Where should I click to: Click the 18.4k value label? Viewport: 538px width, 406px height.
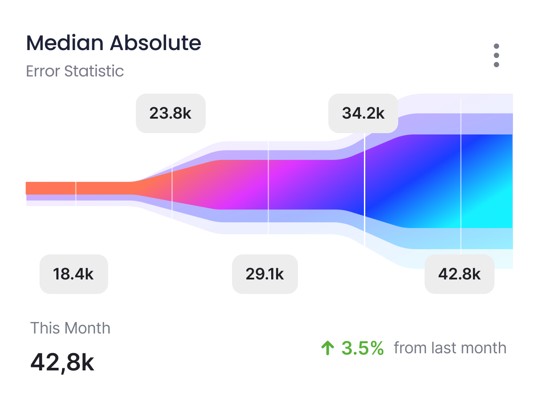[73, 274]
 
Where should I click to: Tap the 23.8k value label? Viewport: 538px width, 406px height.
[171, 113]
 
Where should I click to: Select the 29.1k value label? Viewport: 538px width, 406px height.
[265, 274]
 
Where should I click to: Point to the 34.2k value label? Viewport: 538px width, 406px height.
[363, 113]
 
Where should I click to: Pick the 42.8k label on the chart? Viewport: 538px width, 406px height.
[459, 274]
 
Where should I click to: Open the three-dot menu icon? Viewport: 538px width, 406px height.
[496, 55]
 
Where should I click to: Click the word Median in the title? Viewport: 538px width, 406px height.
[65, 43]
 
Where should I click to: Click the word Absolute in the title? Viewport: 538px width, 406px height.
[155, 43]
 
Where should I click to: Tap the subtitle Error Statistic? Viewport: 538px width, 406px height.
[75, 71]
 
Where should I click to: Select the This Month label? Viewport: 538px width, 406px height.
[70, 328]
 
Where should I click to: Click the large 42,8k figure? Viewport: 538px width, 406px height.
[62, 362]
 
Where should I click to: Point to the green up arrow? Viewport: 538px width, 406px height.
[327, 348]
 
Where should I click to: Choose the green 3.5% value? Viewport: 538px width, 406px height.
[363, 348]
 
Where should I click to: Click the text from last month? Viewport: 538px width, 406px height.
[450, 348]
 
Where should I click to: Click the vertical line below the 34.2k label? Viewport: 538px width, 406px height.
[365, 189]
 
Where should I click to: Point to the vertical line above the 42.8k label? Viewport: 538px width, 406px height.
[461, 176]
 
